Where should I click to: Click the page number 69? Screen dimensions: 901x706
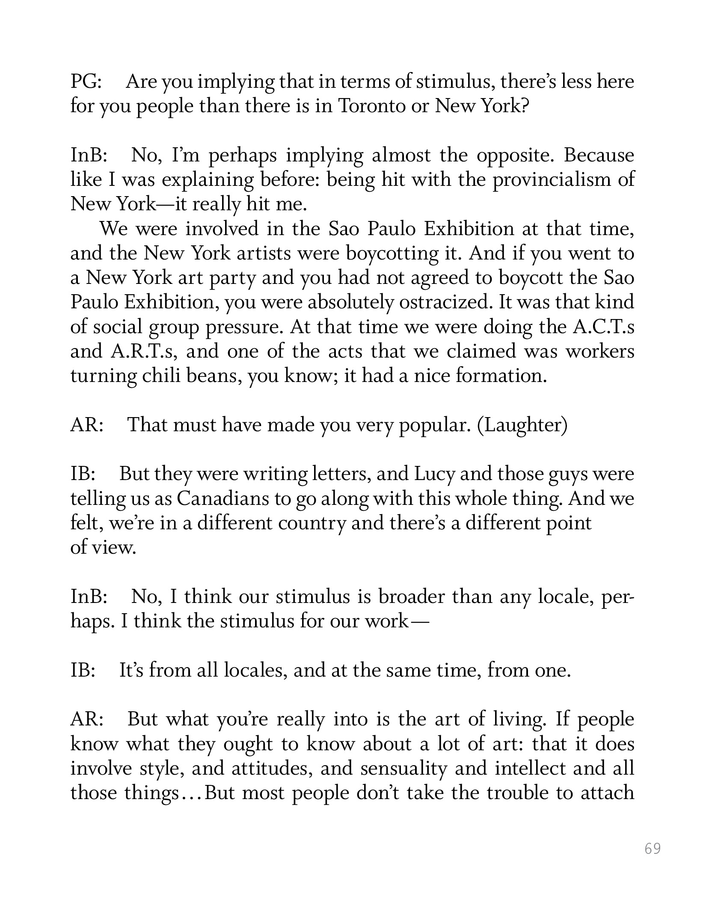(x=653, y=848)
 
